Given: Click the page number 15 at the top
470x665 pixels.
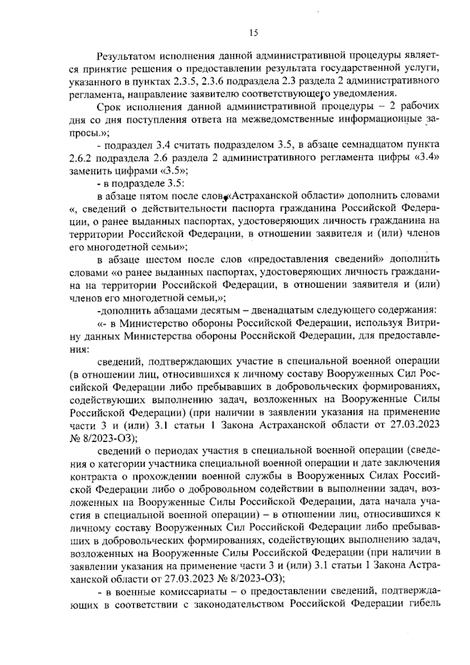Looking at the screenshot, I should point(253,33).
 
